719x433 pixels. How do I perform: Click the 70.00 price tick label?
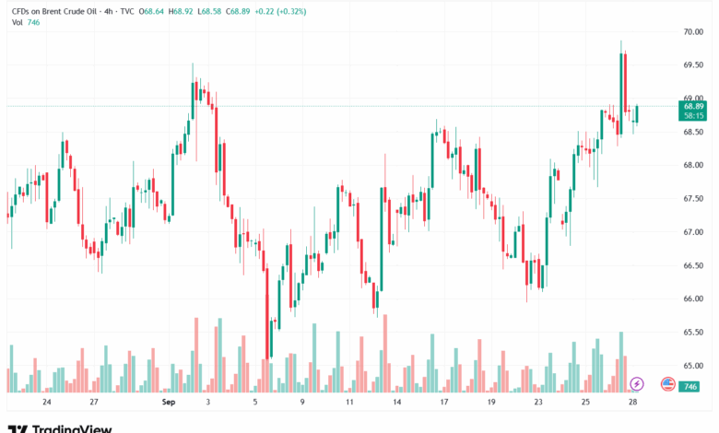pyautogui.click(x=693, y=31)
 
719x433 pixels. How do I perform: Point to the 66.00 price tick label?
pyautogui.click(x=693, y=298)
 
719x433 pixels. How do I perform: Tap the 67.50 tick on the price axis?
pyautogui.click(x=693, y=198)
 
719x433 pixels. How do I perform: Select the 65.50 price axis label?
pyautogui.click(x=693, y=332)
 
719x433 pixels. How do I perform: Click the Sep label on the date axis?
pyautogui.click(x=167, y=403)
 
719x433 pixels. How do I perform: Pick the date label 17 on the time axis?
pyautogui.click(x=444, y=403)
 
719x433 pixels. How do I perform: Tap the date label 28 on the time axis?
pyautogui.click(x=634, y=403)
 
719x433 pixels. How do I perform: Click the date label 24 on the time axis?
pyautogui.click(x=46, y=403)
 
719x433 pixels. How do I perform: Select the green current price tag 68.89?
pyautogui.click(x=693, y=107)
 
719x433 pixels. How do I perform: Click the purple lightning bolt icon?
pyautogui.click(x=636, y=383)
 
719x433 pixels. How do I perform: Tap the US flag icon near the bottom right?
pyautogui.click(x=668, y=383)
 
